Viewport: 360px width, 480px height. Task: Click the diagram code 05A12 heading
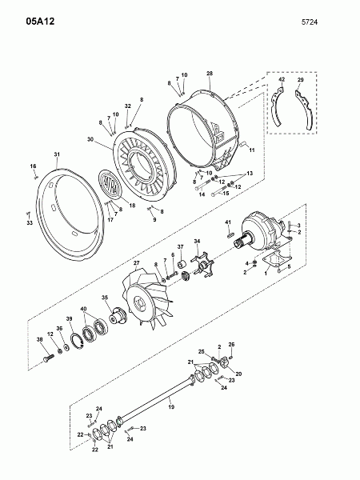tap(40, 22)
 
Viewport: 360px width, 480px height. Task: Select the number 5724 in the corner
tap(310, 22)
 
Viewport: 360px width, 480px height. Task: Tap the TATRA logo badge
tap(110, 184)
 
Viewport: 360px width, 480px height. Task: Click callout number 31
tap(57, 154)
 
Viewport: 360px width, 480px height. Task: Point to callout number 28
tap(210, 74)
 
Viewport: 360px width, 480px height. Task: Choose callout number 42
tap(282, 79)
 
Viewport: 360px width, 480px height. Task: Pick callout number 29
tap(300, 80)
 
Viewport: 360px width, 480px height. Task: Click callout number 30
tap(90, 139)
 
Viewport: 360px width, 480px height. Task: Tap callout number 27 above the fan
tap(137, 262)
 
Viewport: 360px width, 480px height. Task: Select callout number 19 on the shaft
tap(171, 407)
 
